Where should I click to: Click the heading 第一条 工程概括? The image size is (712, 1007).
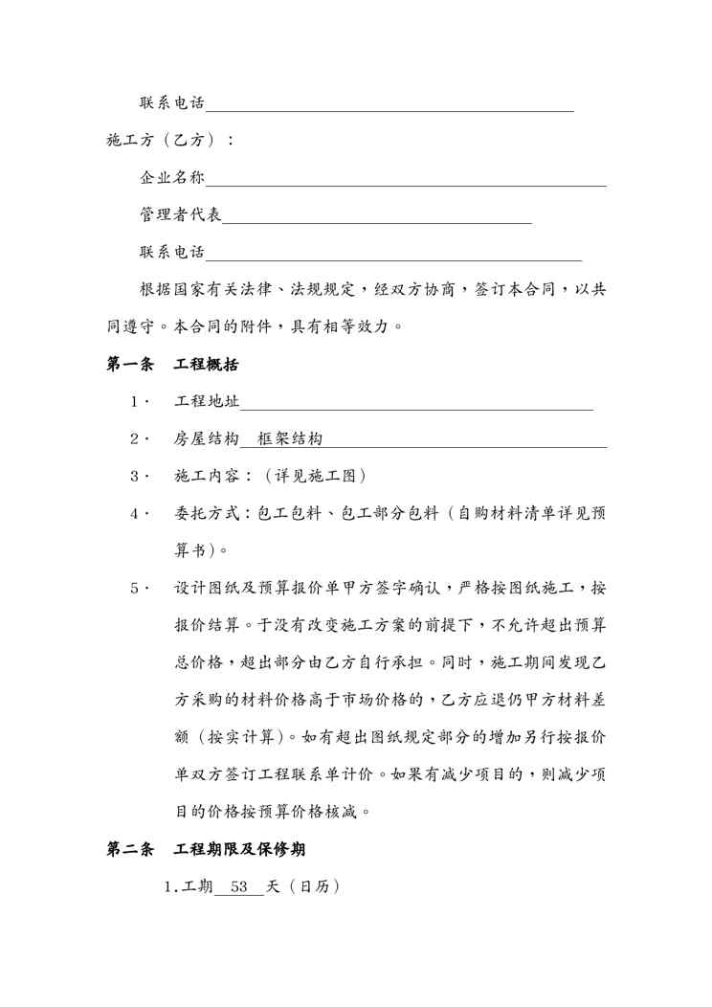pos(172,365)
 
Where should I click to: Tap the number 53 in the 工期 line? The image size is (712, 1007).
pos(240,887)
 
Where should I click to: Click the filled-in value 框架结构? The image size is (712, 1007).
pos(290,438)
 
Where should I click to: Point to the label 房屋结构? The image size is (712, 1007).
pos(207,438)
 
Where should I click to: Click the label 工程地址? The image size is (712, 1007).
pos(207,401)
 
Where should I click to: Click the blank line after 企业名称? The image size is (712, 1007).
pos(406,183)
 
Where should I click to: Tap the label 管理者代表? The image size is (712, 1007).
pos(181,214)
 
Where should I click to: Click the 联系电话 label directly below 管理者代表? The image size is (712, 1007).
pos(172,252)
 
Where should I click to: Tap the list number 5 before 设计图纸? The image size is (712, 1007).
pos(136,588)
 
